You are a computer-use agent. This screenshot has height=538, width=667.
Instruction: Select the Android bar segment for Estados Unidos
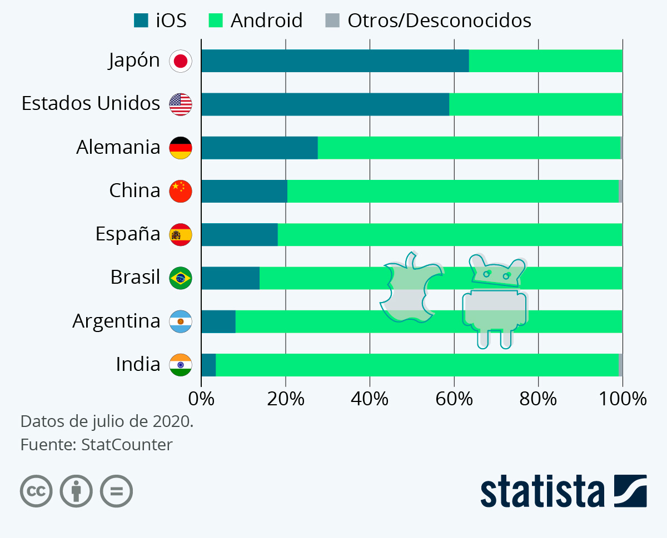click(x=535, y=104)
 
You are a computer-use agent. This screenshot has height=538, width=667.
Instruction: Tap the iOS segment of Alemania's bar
click(x=259, y=148)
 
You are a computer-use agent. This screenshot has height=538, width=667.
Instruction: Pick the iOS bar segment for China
click(x=244, y=191)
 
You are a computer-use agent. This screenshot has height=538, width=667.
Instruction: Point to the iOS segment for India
click(x=208, y=365)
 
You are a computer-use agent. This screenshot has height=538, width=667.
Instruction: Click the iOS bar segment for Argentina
click(x=218, y=321)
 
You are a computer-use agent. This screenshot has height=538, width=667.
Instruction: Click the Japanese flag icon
click(x=181, y=61)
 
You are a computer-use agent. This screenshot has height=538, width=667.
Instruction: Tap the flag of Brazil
click(x=181, y=278)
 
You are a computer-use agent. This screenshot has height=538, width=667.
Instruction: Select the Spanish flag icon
click(x=181, y=235)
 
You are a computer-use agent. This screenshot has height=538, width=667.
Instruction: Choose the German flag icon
click(x=181, y=148)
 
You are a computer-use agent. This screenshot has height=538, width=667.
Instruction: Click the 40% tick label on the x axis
click(x=370, y=399)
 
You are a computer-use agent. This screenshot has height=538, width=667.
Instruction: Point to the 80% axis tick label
click(x=538, y=399)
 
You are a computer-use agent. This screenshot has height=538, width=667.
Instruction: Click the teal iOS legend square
click(x=141, y=21)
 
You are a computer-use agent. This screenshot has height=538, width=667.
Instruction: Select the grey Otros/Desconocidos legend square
click(x=331, y=21)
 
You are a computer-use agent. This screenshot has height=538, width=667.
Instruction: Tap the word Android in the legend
click(x=266, y=21)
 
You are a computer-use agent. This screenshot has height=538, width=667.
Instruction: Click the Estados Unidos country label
click(x=91, y=103)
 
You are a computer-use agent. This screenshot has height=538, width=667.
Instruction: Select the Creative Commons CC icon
click(x=36, y=491)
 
